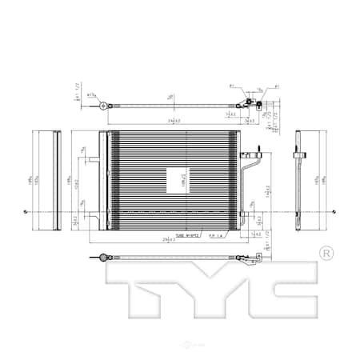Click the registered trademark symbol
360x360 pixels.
point(326,253)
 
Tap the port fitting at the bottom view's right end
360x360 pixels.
point(254,258)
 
